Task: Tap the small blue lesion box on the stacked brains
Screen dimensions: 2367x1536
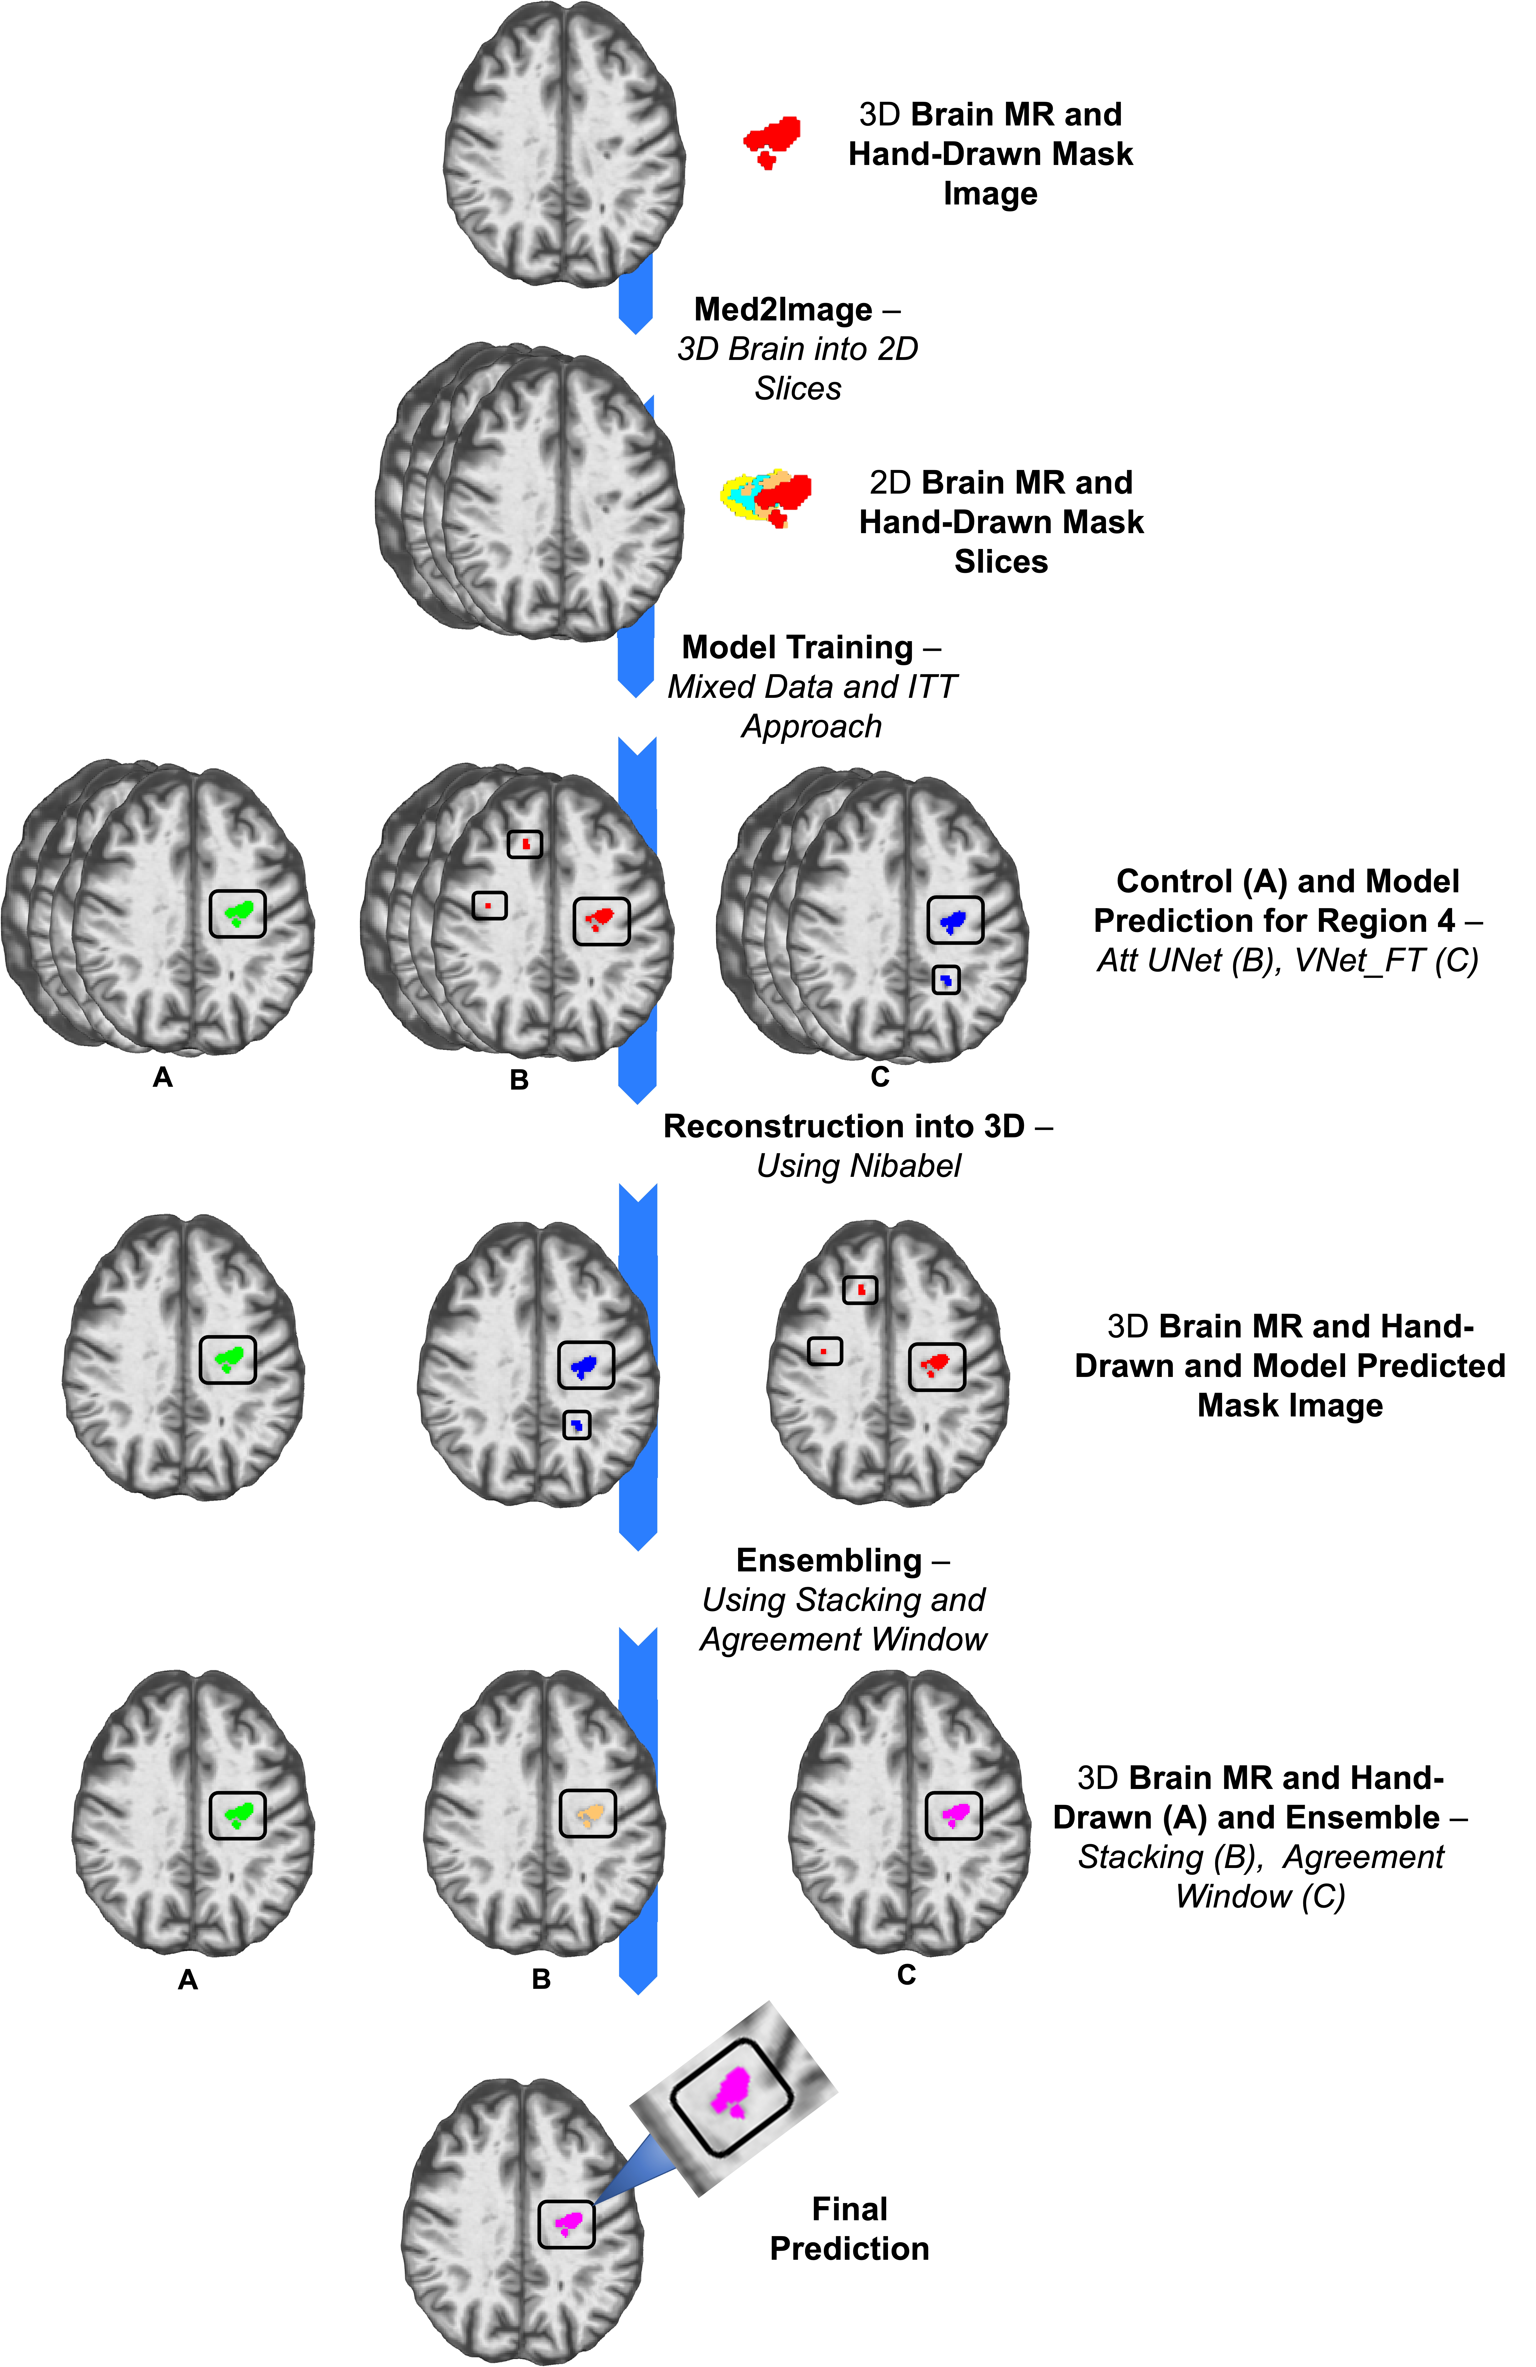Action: [946, 980]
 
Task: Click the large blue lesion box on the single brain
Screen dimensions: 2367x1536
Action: [585, 1365]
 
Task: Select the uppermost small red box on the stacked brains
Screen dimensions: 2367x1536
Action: [525, 844]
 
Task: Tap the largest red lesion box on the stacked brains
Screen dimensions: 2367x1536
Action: [601, 920]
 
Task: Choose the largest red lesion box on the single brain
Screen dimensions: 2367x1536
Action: [936, 1365]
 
